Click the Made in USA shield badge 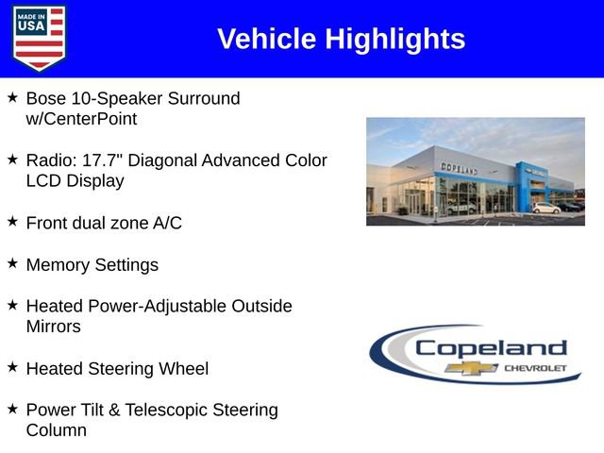tap(40, 38)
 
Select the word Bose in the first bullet tap(46, 98)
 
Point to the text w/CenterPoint tap(81, 119)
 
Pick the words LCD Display tap(75, 181)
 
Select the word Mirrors tap(54, 327)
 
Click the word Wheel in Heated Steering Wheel tap(183, 369)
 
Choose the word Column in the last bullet tap(57, 431)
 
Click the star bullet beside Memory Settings tap(12, 263)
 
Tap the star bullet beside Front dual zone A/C tap(12, 222)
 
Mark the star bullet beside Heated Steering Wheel tap(12, 367)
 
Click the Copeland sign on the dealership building tap(460, 169)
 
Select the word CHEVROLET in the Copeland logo tap(536, 367)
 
